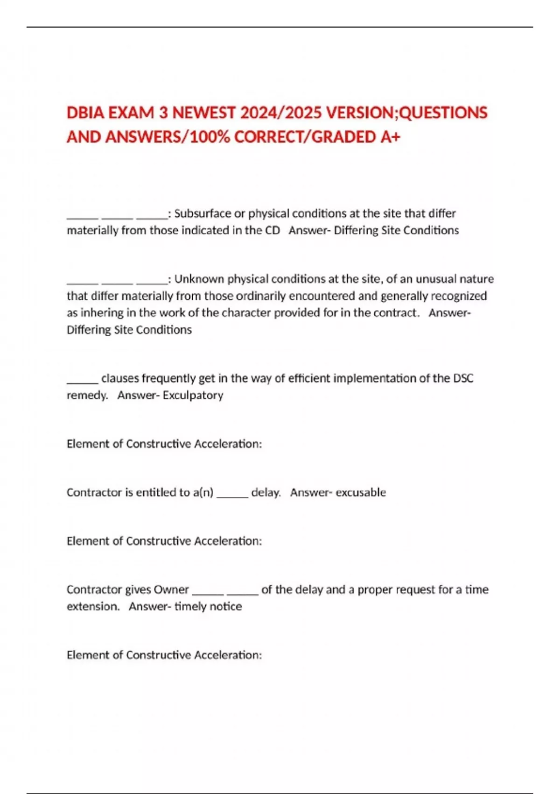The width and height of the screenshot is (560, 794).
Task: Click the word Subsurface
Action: [203, 214]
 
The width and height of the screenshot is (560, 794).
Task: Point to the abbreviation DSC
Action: [463, 378]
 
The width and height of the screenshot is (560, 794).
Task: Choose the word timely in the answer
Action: [189, 607]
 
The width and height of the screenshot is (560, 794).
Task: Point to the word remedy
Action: [87, 396]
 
